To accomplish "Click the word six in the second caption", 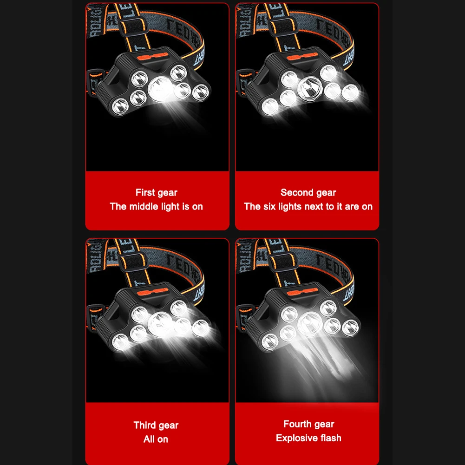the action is tap(269, 206).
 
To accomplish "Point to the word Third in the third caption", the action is tap(144, 425).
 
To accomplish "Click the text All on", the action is tap(156, 439).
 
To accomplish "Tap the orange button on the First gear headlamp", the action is tap(153, 57).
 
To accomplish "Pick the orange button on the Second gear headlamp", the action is tap(302, 57).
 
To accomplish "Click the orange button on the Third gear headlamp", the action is tap(153, 292).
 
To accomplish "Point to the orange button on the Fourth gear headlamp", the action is tap(302, 292).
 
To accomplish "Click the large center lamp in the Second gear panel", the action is tap(310, 88).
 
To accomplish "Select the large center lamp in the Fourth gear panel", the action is tap(310, 323).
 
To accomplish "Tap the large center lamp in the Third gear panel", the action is tap(161, 324).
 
